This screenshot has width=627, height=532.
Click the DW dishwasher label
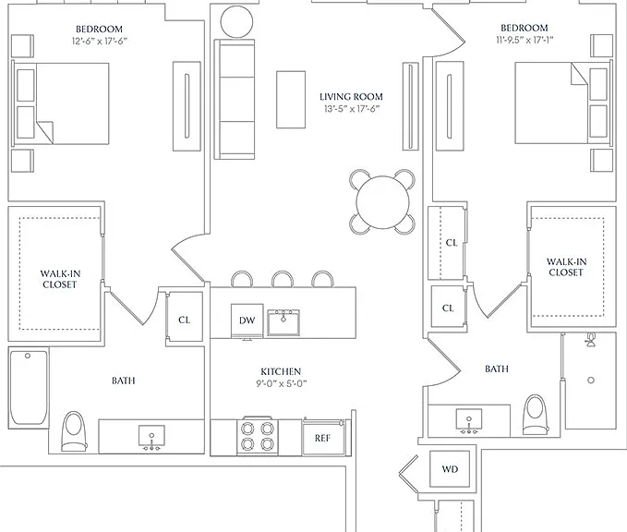(247, 320)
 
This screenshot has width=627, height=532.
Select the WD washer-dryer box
(450, 469)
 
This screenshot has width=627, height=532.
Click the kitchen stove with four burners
(258, 436)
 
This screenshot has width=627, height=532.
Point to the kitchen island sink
(283, 322)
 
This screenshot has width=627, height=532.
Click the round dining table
(382, 201)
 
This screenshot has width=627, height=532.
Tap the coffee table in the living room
(291, 100)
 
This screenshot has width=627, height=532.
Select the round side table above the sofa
(236, 21)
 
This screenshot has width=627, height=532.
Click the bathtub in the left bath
(29, 388)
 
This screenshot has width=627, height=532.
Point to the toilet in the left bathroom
(75, 431)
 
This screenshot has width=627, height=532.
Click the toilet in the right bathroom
(536, 415)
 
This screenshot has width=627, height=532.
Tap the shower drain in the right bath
(591, 380)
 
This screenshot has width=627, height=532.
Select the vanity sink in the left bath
(151, 437)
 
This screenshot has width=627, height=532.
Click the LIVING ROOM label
(351, 97)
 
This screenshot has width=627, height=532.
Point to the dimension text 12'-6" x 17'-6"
(100, 41)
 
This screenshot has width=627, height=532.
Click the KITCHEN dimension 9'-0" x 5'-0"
(281, 383)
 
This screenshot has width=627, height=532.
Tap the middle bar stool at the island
(283, 279)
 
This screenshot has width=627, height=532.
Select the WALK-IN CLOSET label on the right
(566, 267)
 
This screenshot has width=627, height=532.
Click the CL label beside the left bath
(184, 320)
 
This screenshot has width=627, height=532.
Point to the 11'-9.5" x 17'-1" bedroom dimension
(525, 40)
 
